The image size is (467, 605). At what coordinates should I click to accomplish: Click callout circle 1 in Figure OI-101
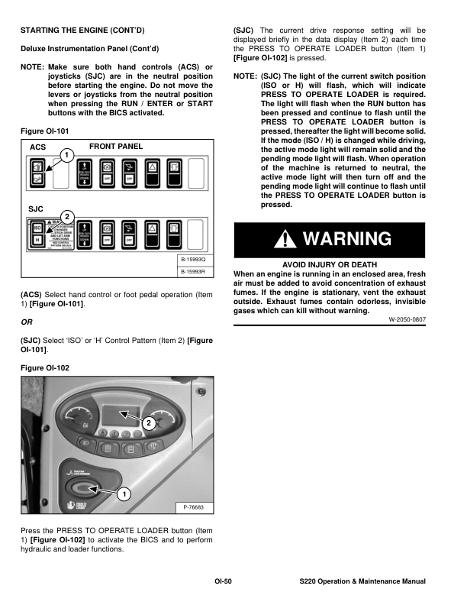coord(67,157)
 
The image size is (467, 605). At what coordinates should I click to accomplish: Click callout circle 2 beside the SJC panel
coord(67,217)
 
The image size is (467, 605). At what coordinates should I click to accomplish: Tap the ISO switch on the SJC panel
coord(37,227)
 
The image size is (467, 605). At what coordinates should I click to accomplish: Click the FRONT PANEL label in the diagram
coord(116,146)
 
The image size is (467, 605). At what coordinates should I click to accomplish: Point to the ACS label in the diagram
coord(37,146)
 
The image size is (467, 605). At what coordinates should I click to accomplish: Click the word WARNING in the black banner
coord(347,239)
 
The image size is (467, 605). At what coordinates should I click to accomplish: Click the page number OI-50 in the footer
coord(222,582)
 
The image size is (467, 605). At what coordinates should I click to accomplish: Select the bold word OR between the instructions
coord(26,323)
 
